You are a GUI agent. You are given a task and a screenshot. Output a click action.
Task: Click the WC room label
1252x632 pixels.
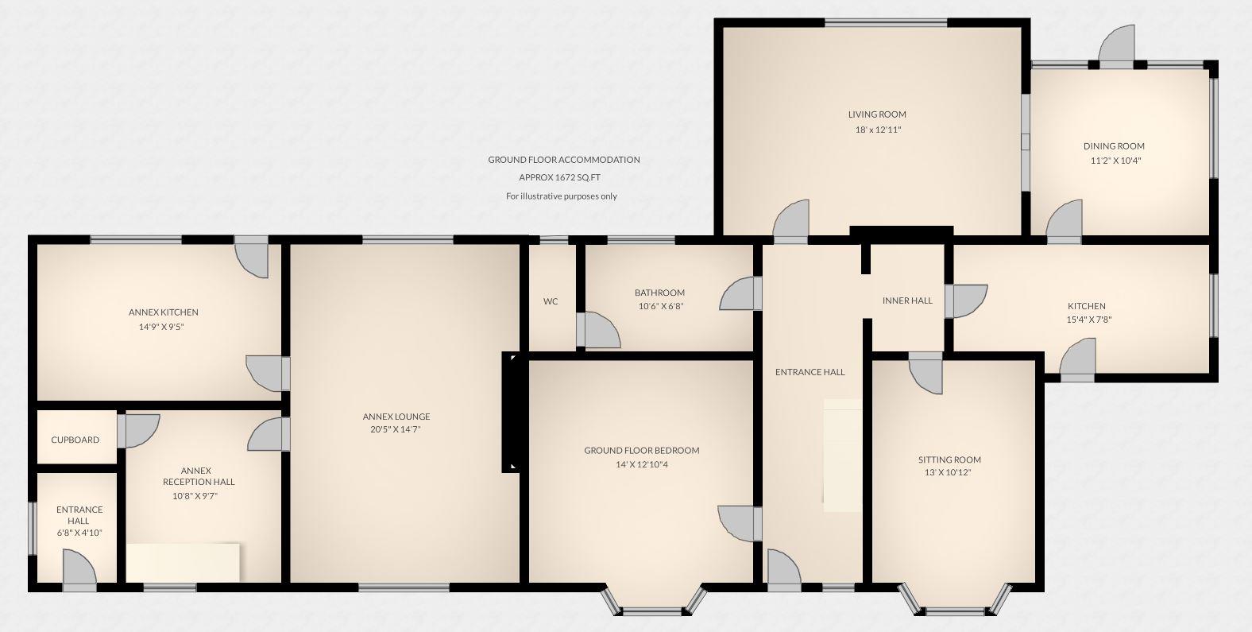(x=551, y=301)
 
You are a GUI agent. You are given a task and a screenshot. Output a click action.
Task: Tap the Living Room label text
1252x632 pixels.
(x=877, y=114)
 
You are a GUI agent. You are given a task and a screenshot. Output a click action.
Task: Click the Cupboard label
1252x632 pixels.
(x=75, y=440)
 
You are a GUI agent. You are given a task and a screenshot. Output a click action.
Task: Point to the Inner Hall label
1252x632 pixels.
(x=907, y=300)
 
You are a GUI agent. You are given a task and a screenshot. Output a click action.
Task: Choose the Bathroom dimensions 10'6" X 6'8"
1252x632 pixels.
(x=659, y=306)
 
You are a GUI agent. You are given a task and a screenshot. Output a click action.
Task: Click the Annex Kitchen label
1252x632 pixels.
(x=163, y=312)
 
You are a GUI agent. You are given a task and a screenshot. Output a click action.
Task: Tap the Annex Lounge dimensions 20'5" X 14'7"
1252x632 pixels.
(x=396, y=430)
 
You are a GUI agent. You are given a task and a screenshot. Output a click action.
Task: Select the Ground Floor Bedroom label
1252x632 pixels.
(x=642, y=451)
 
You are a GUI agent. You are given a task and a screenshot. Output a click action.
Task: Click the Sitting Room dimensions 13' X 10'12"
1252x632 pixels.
(x=949, y=472)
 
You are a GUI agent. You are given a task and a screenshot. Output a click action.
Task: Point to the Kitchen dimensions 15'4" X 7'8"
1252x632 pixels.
(x=1086, y=320)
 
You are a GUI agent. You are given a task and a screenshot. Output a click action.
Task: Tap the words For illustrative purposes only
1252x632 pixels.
(x=562, y=196)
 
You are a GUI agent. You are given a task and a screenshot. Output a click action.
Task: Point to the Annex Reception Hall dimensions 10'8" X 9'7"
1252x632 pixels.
(x=195, y=496)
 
